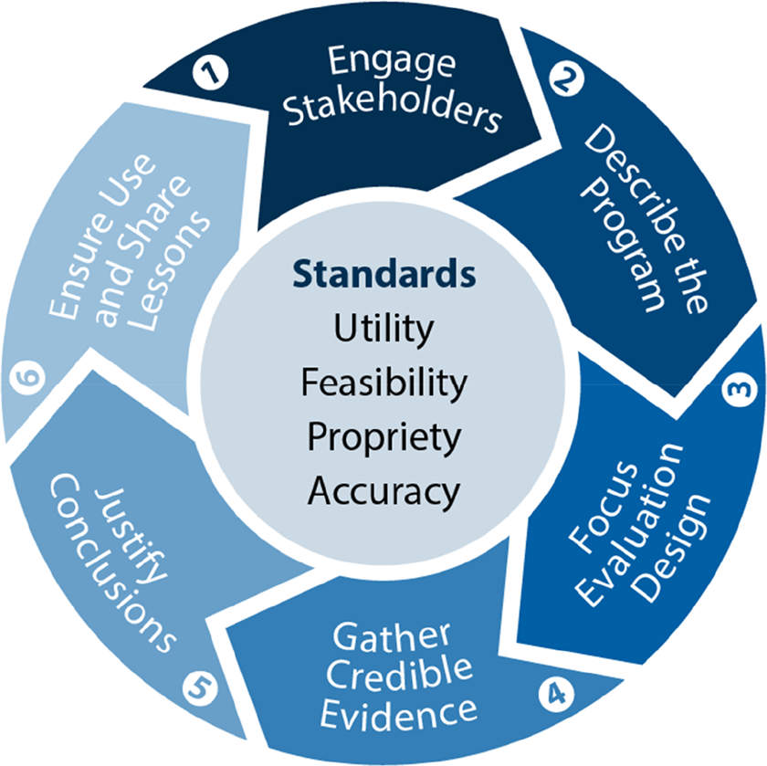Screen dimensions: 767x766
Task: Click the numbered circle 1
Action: click(210, 73)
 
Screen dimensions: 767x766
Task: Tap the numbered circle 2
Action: click(566, 79)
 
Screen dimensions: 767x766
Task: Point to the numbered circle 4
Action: click(556, 694)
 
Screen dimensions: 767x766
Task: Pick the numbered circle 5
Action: click(200, 688)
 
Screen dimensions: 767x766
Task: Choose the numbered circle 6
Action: click(27, 377)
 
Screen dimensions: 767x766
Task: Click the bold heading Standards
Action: click(384, 274)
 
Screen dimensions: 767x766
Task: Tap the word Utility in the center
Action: click(384, 328)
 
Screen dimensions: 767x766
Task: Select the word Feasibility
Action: click(384, 383)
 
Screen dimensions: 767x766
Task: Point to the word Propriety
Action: click(384, 436)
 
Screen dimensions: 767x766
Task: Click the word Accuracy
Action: click(384, 491)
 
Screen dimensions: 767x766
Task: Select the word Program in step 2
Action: click(622, 245)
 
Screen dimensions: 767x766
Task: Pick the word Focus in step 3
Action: click(603, 508)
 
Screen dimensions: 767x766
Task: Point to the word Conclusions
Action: click(112, 563)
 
